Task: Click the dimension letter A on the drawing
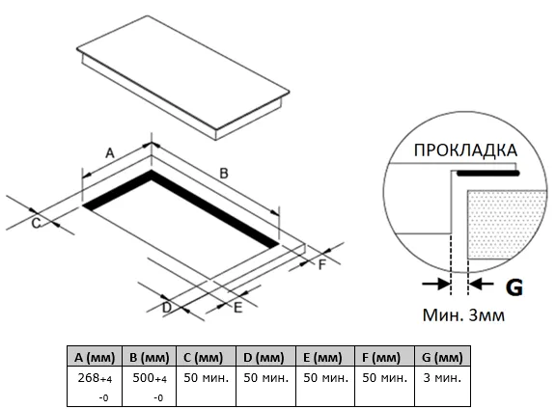coord(110,153)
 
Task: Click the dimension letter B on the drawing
coord(224,174)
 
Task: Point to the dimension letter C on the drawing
coord(36,223)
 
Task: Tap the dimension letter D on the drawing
coord(167,308)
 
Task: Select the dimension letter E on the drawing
coord(237,308)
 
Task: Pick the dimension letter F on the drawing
coord(322,264)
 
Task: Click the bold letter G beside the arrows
coord(514,287)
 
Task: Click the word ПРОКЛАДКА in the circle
coord(465,150)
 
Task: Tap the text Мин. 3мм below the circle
coord(463,315)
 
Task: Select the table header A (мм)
coord(95,357)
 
